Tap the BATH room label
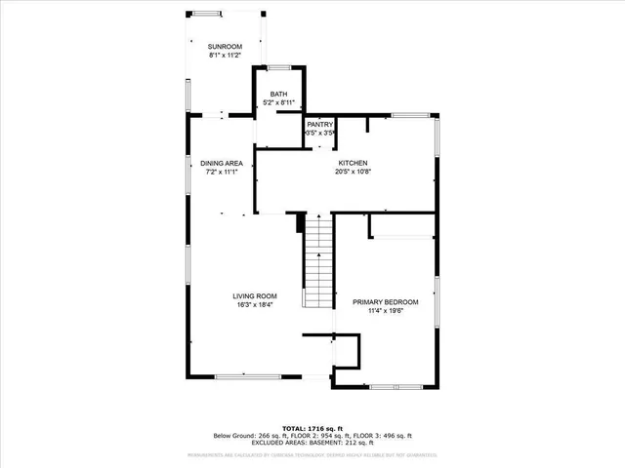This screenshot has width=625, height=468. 279,94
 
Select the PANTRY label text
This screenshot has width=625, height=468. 320,125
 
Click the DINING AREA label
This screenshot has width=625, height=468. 221,163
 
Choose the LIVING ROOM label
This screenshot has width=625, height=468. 254,296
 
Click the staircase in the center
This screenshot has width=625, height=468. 318,263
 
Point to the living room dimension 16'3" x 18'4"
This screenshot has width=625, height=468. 254,305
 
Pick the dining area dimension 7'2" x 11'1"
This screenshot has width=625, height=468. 221,172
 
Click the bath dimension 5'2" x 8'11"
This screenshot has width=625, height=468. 279,102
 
